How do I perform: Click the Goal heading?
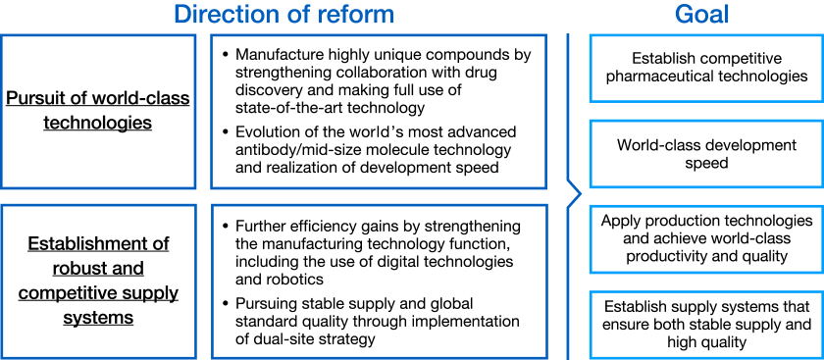(x=701, y=15)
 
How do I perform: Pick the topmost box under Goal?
(x=705, y=68)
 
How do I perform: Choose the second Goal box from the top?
(x=705, y=153)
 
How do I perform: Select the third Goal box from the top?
(x=705, y=239)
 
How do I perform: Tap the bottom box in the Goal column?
(x=705, y=325)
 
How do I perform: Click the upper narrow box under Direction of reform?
(x=98, y=112)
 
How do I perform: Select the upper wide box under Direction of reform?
(x=379, y=112)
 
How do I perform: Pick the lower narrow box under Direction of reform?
(x=98, y=282)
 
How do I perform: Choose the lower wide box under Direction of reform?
(x=379, y=282)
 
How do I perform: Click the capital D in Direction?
(x=181, y=15)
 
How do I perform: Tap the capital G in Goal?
(x=683, y=15)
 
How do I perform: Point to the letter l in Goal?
(x=727, y=15)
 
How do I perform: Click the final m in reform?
(x=384, y=15)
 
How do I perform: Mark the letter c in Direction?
(x=228, y=15)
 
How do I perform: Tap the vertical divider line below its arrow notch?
(x=568, y=284)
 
